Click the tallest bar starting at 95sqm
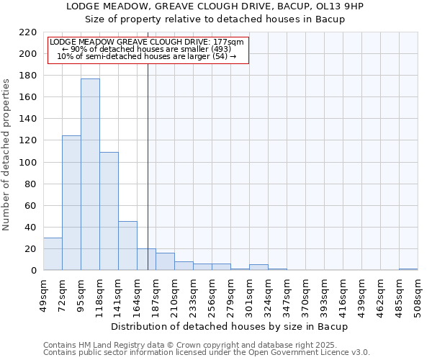click(x=90, y=174)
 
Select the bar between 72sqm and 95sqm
click(x=71, y=202)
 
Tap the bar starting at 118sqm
click(x=109, y=211)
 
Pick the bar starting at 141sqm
click(x=127, y=246)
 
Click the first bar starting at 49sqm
click(x=53, y=254)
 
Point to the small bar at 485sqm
click(x=408, y=269)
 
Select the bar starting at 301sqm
click(x=258, y=267)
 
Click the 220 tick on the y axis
click(x=28, y=32)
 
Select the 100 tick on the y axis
click(x=28, y=162)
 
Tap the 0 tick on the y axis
click(x=33, y=271)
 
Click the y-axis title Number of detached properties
click(x=7, y=155)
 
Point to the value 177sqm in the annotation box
click(x=230, y=42)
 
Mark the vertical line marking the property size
click(x=148, y=180)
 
